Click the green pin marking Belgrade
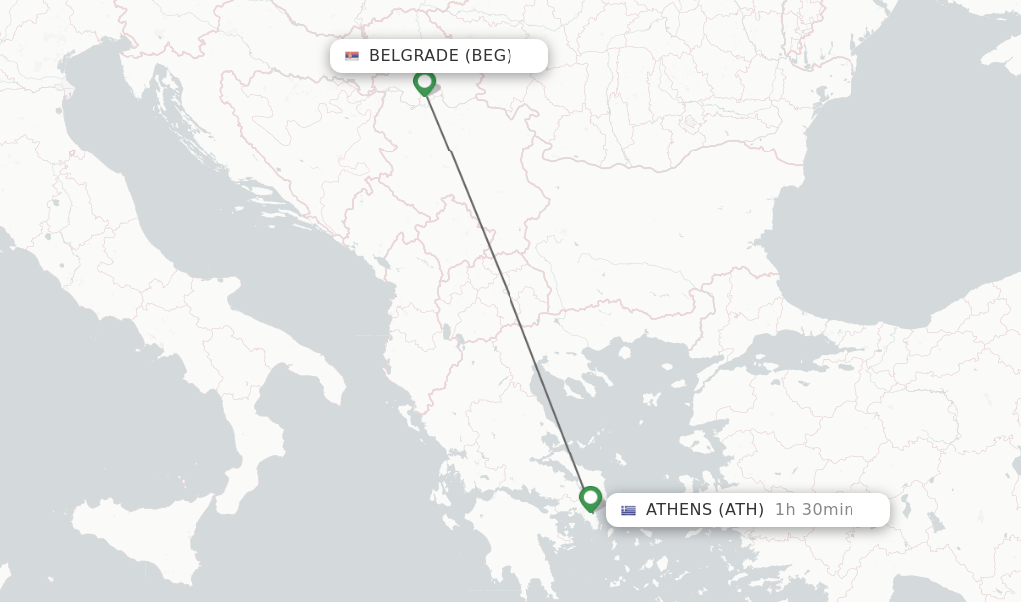pos(424,82)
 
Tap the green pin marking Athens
pos(590,497)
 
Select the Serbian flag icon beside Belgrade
pos(352,56)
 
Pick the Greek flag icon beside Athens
pos(628,510)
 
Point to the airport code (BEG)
pos(489,56)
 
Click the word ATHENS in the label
pos(679,510)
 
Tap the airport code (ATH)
pos(741,510)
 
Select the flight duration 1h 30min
pos(814,510)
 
